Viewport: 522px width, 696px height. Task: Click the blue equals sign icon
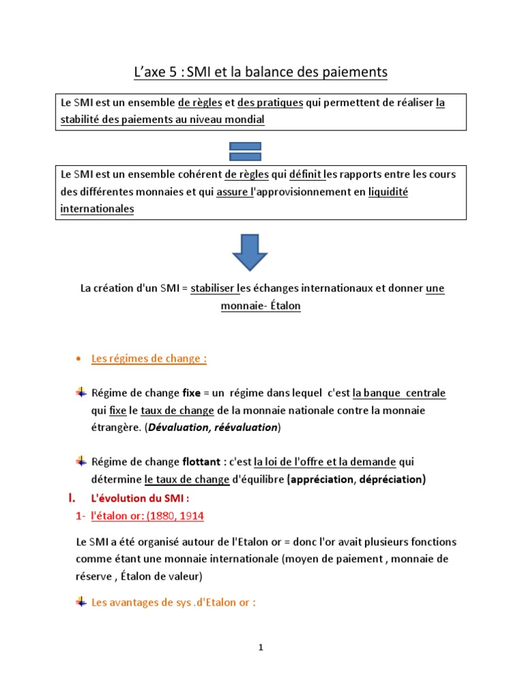coord(245,151)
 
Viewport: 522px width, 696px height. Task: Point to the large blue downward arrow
coord(249,251)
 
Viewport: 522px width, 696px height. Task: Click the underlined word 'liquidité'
coord(387,192)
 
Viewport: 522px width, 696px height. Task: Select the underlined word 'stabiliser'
coord(213,288)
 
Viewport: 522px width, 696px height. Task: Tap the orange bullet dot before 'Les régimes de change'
coord(80,359)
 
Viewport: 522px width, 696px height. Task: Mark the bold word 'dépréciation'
coord(391,479)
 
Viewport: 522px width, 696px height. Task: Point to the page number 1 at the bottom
coord(260,648)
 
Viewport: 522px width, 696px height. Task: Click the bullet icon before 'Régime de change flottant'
coord(81,462)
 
